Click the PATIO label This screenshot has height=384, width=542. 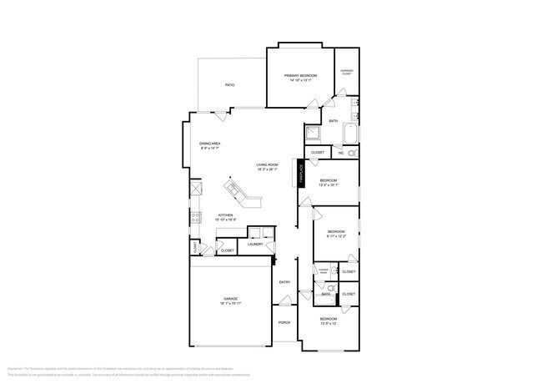(229, 85)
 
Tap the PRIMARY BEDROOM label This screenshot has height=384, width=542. (300, 76)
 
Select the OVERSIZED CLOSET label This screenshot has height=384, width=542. (347, 72)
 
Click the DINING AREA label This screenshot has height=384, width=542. (209, 144)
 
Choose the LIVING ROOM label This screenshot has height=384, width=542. (267, 165)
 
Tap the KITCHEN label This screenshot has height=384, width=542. (225, 215)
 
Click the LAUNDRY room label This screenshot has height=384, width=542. (255, 245)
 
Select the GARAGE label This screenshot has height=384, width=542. (231, 298)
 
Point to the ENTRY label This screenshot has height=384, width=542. (284, 281)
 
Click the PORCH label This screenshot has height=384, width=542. (284, 323)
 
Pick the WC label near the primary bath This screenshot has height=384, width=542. (341, 153)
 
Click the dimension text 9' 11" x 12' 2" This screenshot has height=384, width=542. (336, 235)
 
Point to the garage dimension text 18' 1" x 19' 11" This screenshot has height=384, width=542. (231, 303)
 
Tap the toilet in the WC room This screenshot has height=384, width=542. (352, 154)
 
